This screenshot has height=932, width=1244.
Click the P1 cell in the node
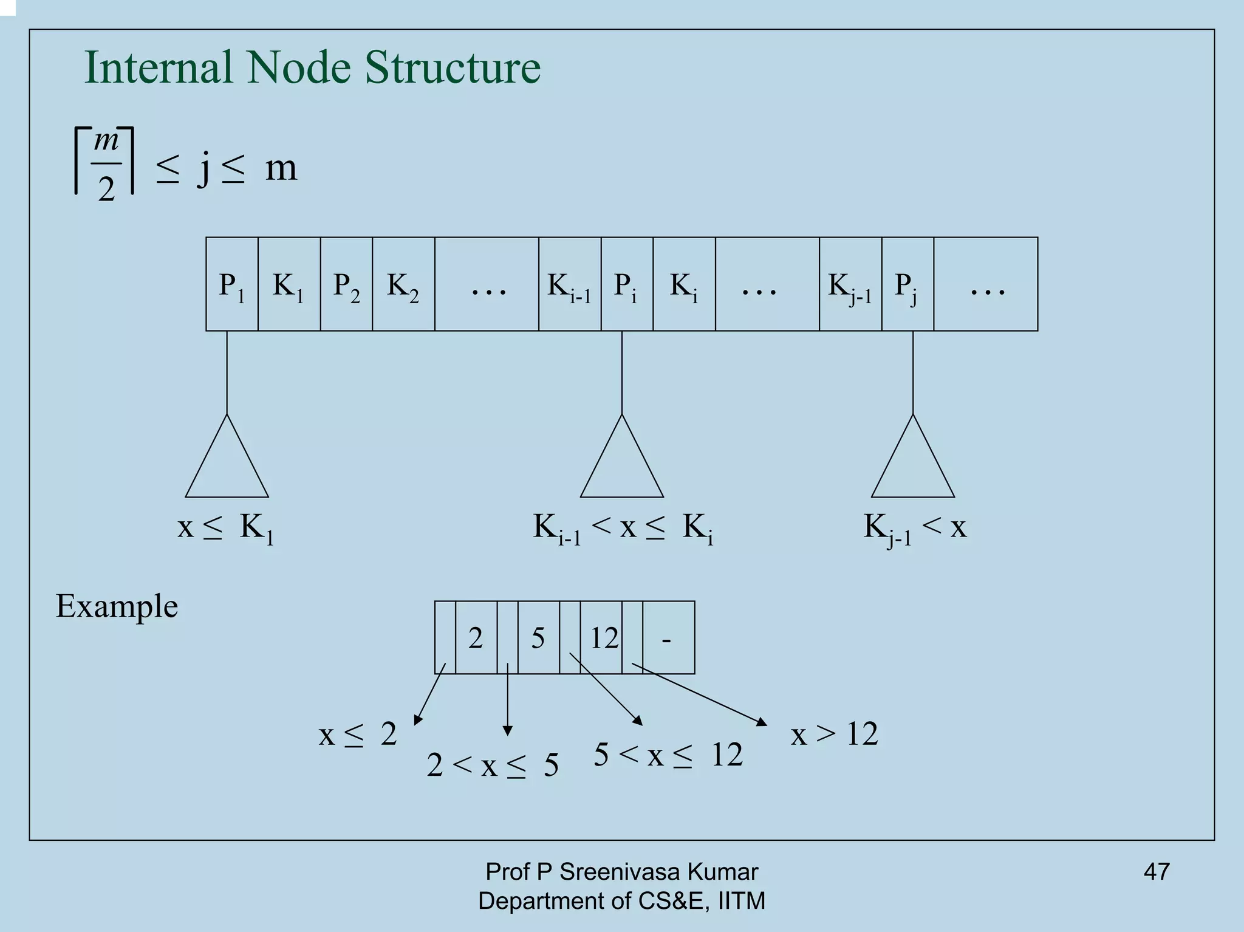click(x=231, y=284)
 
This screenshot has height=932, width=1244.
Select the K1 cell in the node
click(x=289, y=284)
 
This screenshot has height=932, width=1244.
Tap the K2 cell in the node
click(x=403, y=284)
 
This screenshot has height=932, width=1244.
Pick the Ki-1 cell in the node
click(x=569, y=284)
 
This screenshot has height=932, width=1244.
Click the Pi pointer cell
click(x=626, y=284)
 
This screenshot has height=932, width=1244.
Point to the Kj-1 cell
click(x=850, y=284)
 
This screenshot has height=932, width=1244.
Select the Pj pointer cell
click(x=907, y=284)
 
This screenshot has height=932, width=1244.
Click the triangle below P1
click(x=227, y=465)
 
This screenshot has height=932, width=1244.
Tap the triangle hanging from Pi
click(x=621, y=465)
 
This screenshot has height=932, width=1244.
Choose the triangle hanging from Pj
click(x=912, y=465)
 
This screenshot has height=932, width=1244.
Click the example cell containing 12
click(x=601, y=637)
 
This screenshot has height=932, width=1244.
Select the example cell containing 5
click(x=538, y=637)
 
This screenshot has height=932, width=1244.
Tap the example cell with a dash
click(x=668, y=637)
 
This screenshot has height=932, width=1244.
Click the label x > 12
click(x=834, y=734)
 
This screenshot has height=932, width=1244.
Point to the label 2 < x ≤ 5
click(x=492, y=765)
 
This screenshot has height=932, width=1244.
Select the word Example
click(x=117, y=606)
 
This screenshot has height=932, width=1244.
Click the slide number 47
click(x=1156, y=871)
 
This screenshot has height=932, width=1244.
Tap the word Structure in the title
click(x=453, y=67)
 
